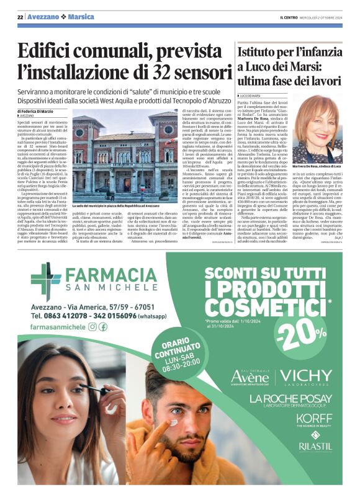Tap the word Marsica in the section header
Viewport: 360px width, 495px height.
point(81,17)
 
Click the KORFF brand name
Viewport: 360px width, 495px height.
point(314,418)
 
